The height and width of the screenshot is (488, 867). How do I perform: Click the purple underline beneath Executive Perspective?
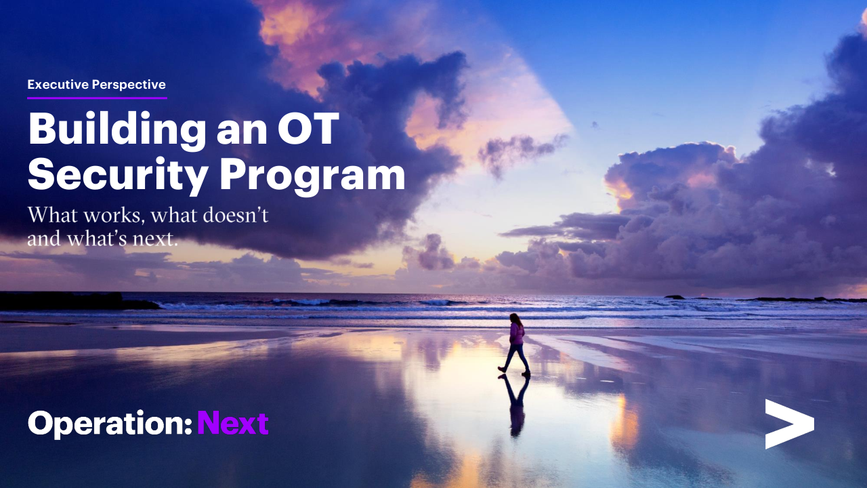97,98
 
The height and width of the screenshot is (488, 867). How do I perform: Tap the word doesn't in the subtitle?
235,215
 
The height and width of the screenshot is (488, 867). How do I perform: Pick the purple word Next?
233,423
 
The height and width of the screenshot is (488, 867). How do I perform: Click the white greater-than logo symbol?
790,424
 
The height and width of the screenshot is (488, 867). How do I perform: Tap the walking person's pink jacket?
517,333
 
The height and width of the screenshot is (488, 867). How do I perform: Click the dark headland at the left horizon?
77,301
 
